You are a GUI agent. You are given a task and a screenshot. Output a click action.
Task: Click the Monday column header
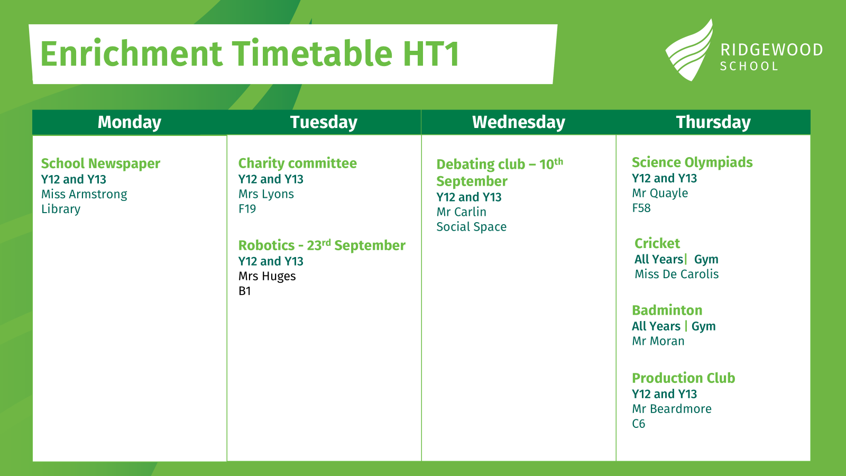pyautogui.click(x=130, y=122)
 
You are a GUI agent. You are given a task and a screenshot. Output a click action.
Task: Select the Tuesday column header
pyautogui.click(x=324, y=122)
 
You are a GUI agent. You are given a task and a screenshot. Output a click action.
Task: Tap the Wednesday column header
pyautogui.click(x=519, y=122)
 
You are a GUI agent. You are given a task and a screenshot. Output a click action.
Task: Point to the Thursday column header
pyautogui.click(x=713, y=122)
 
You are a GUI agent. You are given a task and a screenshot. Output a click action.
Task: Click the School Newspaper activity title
pyautogui.click(x=101, y=164)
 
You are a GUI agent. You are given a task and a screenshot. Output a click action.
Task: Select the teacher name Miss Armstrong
pyautogui.click(x=84, y=194)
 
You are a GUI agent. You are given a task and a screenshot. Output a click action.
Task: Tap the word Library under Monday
pyautogui.click(x=61, y=209)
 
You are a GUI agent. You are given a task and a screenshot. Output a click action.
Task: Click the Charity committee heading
pyautogui.click(x=298, y=163)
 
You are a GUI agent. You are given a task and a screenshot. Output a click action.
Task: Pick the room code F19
pyautogui.click(x=247, y=208)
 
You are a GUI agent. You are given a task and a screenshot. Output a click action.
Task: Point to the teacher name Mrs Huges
pyautogui.click(x=267, y=276)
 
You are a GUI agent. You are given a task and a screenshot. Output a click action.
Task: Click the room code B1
pyautogui.click(x=245, y=291)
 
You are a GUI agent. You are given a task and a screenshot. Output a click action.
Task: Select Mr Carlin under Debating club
pyautogui.click(x=461, y=212)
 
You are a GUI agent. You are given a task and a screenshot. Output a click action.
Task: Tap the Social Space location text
pyautogui.click(x=471, y=227)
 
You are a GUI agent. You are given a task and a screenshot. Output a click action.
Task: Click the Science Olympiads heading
pyautogui.click(x=692, y=163)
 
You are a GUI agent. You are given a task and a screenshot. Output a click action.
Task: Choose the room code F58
pyautogui.click(x=641, y=208)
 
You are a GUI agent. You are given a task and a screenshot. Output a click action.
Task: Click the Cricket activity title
pyautogui.click(x=657, y=243)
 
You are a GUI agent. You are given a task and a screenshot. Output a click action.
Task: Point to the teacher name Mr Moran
pyautogui.click(x=658, y=341)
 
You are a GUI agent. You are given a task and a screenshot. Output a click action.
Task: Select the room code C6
pyautogui.click(x=639, y=424)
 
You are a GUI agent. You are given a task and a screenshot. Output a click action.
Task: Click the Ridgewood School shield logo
pyautogui.click(x=689, y=51)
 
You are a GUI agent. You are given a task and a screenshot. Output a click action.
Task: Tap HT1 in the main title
pyautogui.click(x=431, y=53)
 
